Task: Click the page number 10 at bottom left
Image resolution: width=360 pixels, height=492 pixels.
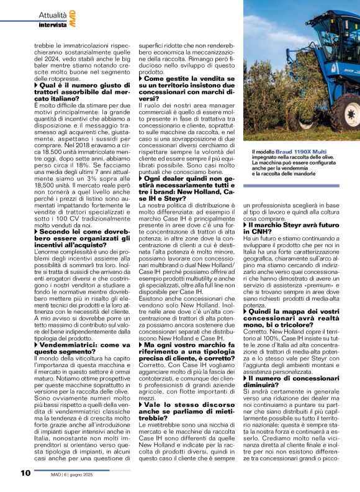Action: coord(25,473)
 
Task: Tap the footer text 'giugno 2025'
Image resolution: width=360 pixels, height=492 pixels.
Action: coord(100,473)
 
